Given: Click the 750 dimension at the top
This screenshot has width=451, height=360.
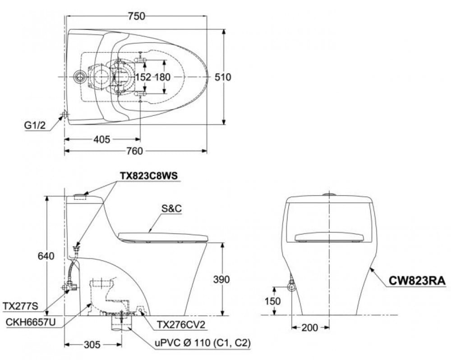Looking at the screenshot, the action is coord(137,16).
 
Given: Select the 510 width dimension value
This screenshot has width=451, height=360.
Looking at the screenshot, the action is coord(223,77).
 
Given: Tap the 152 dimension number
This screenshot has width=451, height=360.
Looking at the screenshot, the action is coord(143,77).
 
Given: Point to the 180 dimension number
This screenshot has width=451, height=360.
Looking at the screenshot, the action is coord(163,77).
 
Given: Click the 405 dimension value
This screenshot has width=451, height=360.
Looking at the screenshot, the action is coord(102,139).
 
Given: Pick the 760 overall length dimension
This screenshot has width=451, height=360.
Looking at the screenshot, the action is coord(134,151).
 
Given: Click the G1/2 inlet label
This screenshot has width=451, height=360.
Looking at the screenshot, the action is coord(35,125).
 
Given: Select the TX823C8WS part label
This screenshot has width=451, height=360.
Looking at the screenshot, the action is coord(149,175).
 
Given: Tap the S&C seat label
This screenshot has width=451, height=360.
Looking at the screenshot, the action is coord(171,208).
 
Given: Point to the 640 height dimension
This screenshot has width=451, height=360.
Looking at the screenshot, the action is coord(46,256).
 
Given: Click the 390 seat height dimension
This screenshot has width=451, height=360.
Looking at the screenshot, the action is coord(221,279).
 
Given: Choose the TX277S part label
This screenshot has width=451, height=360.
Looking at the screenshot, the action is coord(20,306).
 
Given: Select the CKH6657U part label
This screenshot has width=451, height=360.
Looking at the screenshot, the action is coord(31,322).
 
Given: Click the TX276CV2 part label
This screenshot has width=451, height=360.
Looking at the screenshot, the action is coord(181,325).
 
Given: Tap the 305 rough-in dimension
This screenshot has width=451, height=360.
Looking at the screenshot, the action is coord(92,345).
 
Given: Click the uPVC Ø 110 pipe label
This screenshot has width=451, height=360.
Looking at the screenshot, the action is coord(203,343).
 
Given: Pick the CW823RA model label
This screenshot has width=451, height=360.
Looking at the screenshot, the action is coord(417,280).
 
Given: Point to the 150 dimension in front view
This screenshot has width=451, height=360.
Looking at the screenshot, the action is coord(272,301).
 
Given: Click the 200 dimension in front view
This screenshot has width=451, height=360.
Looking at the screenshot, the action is coord(310,328).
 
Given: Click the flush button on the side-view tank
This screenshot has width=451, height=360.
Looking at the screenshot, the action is coord(80,197).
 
